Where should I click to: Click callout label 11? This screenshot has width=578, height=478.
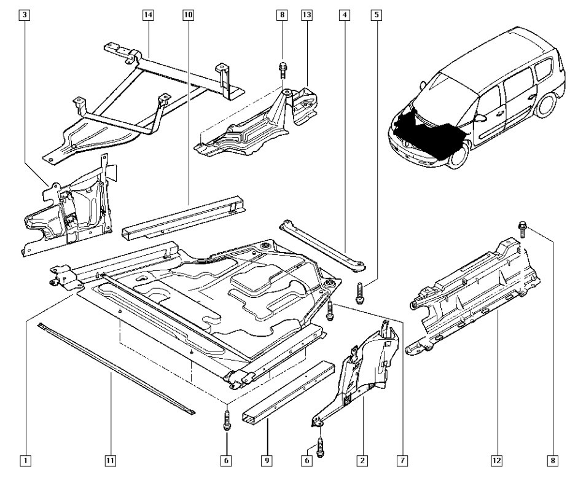tap(110, 459)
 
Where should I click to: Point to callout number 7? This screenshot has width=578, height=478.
tap(402, 459)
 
